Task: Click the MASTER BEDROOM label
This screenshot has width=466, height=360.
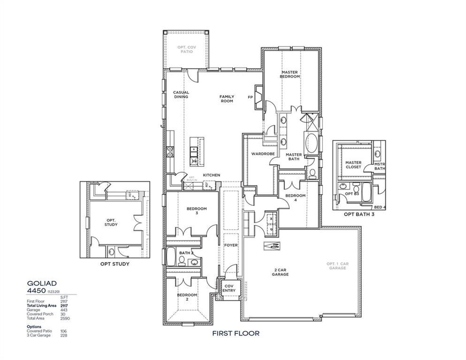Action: tap(290, 75)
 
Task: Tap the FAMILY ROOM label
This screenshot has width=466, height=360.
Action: tap(226, 99)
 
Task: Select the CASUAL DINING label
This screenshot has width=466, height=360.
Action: tap(181, 95)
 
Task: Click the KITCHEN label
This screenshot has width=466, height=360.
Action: tap(212, 175)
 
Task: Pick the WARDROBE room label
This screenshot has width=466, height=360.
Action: tap(263, 154)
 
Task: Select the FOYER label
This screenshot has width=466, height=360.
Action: tap(231, 245)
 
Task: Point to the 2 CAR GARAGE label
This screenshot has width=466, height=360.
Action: tap(280, 272)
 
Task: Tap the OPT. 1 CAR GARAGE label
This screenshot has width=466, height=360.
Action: tap(336, 266)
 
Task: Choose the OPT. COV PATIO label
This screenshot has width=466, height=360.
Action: tap(185, 50)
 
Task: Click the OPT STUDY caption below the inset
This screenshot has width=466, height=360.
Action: tap(115, 264)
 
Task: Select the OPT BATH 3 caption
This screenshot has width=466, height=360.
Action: tap(359, 215)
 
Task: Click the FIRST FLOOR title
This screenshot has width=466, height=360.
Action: tap(236, 333)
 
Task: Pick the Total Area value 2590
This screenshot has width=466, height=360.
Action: tap(65, 319)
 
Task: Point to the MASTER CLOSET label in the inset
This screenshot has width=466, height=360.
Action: tap(353, 165)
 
